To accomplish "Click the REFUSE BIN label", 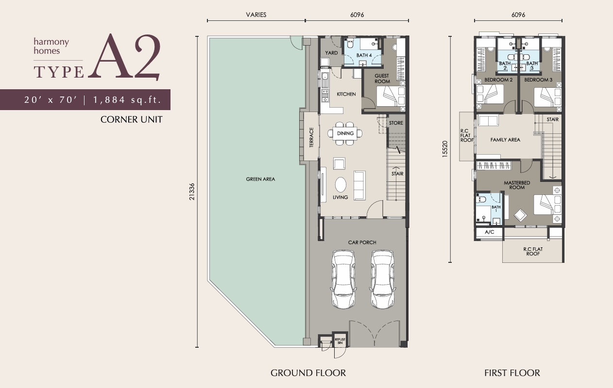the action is click(x=340, y=341).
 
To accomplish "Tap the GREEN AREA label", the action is click(x=260, y=179).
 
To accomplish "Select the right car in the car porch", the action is click(x=383, y=279).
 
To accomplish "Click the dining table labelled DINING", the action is click(x=345, y=133).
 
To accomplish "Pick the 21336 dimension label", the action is click(x=192, y=192).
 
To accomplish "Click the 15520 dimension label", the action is click(x=445, y=149).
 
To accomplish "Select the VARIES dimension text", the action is click(x=256, y=15).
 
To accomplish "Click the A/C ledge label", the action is click(x=489, y=232).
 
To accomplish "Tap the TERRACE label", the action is click(x=311, y=137).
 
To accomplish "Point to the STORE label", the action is click(x=396, y=123).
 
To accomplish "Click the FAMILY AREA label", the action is click(x=505, y=140).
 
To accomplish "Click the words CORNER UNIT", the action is click(x=131, y=119).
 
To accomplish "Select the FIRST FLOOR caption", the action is click(x=512, y=373).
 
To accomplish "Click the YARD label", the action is click(x=331, y=53).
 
